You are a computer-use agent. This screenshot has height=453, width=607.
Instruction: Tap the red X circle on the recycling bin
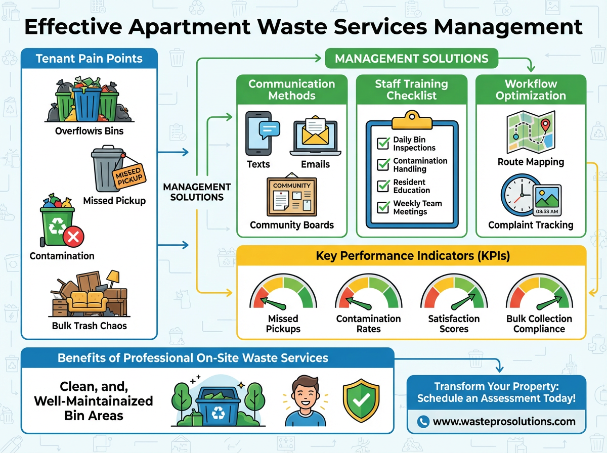73,236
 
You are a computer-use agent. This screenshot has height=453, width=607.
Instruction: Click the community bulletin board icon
292,197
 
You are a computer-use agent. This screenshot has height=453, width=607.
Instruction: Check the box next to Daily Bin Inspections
383,144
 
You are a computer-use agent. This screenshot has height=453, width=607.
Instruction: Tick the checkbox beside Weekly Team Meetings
383,207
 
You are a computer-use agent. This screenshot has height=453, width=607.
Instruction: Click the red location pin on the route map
545,123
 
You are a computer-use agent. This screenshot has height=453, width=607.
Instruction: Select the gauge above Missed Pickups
283,295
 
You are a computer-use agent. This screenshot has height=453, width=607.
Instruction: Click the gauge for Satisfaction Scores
454,295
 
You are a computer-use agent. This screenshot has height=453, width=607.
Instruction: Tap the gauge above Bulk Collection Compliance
539,295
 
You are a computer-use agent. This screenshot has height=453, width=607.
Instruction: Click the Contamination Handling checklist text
420,165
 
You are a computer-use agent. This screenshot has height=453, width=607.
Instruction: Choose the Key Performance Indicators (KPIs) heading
412,256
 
